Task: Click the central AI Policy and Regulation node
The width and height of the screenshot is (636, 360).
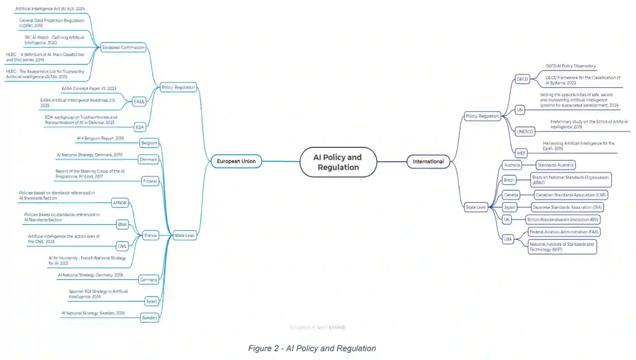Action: [x=338, y=162]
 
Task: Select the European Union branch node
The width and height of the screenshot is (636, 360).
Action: [x=236, y=161]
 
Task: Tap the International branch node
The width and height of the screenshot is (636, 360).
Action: [x=428, y=161]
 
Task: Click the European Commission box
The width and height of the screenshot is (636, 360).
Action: [x=123, y=47]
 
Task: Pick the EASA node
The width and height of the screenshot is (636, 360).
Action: [x=139, y=101]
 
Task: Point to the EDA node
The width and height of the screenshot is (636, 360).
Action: [x=140, y=127]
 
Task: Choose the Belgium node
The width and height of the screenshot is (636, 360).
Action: [x=149, y=143]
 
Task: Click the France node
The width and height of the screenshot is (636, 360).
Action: [x=151, y=236]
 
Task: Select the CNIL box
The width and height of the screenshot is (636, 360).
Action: [x=122, y=246]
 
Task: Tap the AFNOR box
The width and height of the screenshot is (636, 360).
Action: [x=120, y=203]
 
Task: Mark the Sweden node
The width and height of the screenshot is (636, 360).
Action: [x=149, y=318]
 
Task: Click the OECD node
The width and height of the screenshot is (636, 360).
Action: [x=522, y=79]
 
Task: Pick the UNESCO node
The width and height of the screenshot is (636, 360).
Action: [x=525, y=131]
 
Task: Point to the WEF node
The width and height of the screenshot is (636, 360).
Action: [x=521, y=154]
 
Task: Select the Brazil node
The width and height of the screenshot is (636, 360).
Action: [x=509, y=180]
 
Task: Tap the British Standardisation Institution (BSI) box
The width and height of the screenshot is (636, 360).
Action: [x=563, y=220]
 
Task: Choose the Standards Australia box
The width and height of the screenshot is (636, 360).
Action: [x=556, y=165]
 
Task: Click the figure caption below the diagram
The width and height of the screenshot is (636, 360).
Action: [x=312, y=349]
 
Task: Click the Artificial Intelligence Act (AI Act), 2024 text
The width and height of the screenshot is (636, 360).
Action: [x=50, y=9]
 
